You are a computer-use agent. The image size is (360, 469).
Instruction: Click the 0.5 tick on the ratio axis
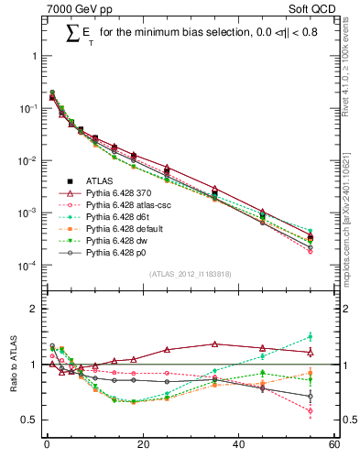point(33,420)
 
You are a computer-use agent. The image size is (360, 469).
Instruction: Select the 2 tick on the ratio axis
point(36,309)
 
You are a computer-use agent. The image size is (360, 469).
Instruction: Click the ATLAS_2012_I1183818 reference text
point(190,274)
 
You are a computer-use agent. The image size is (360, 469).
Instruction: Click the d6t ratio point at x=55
point(311,337)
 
